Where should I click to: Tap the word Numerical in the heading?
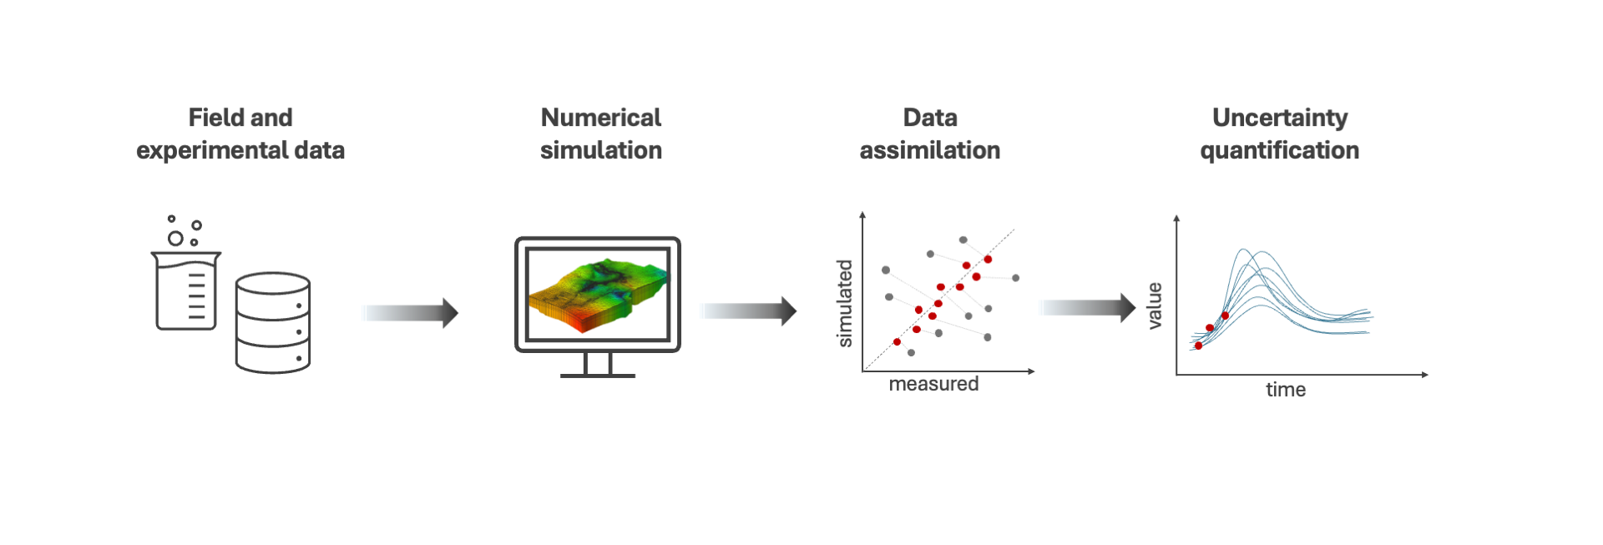[x=600, y=118]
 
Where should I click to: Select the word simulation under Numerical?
[x=600, y=150]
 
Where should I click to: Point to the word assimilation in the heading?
[x=929, y=150]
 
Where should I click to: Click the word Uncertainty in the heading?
[x=1279, y=118]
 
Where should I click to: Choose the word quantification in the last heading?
[x=1279, y=150]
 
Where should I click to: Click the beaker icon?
[x=186, y=290]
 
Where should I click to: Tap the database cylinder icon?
[x=273, y=322]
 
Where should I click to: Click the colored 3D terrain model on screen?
[x=598, y=293]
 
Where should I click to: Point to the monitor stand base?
[x=598, y=375]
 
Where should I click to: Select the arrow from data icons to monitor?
[x=411, y=313]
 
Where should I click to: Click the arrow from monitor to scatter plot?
[x=749, y=311]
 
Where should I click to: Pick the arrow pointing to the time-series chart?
[x=1089, y=307]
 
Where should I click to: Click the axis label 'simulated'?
[x=845, y=303]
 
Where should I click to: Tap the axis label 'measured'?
[x=933, y=384]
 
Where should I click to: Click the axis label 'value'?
[x=1155, y=305]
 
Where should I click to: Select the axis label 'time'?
[x=1285, y=390]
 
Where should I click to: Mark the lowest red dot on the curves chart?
[x=1198, y=346]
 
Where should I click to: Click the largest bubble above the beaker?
[x=175, y=239]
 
